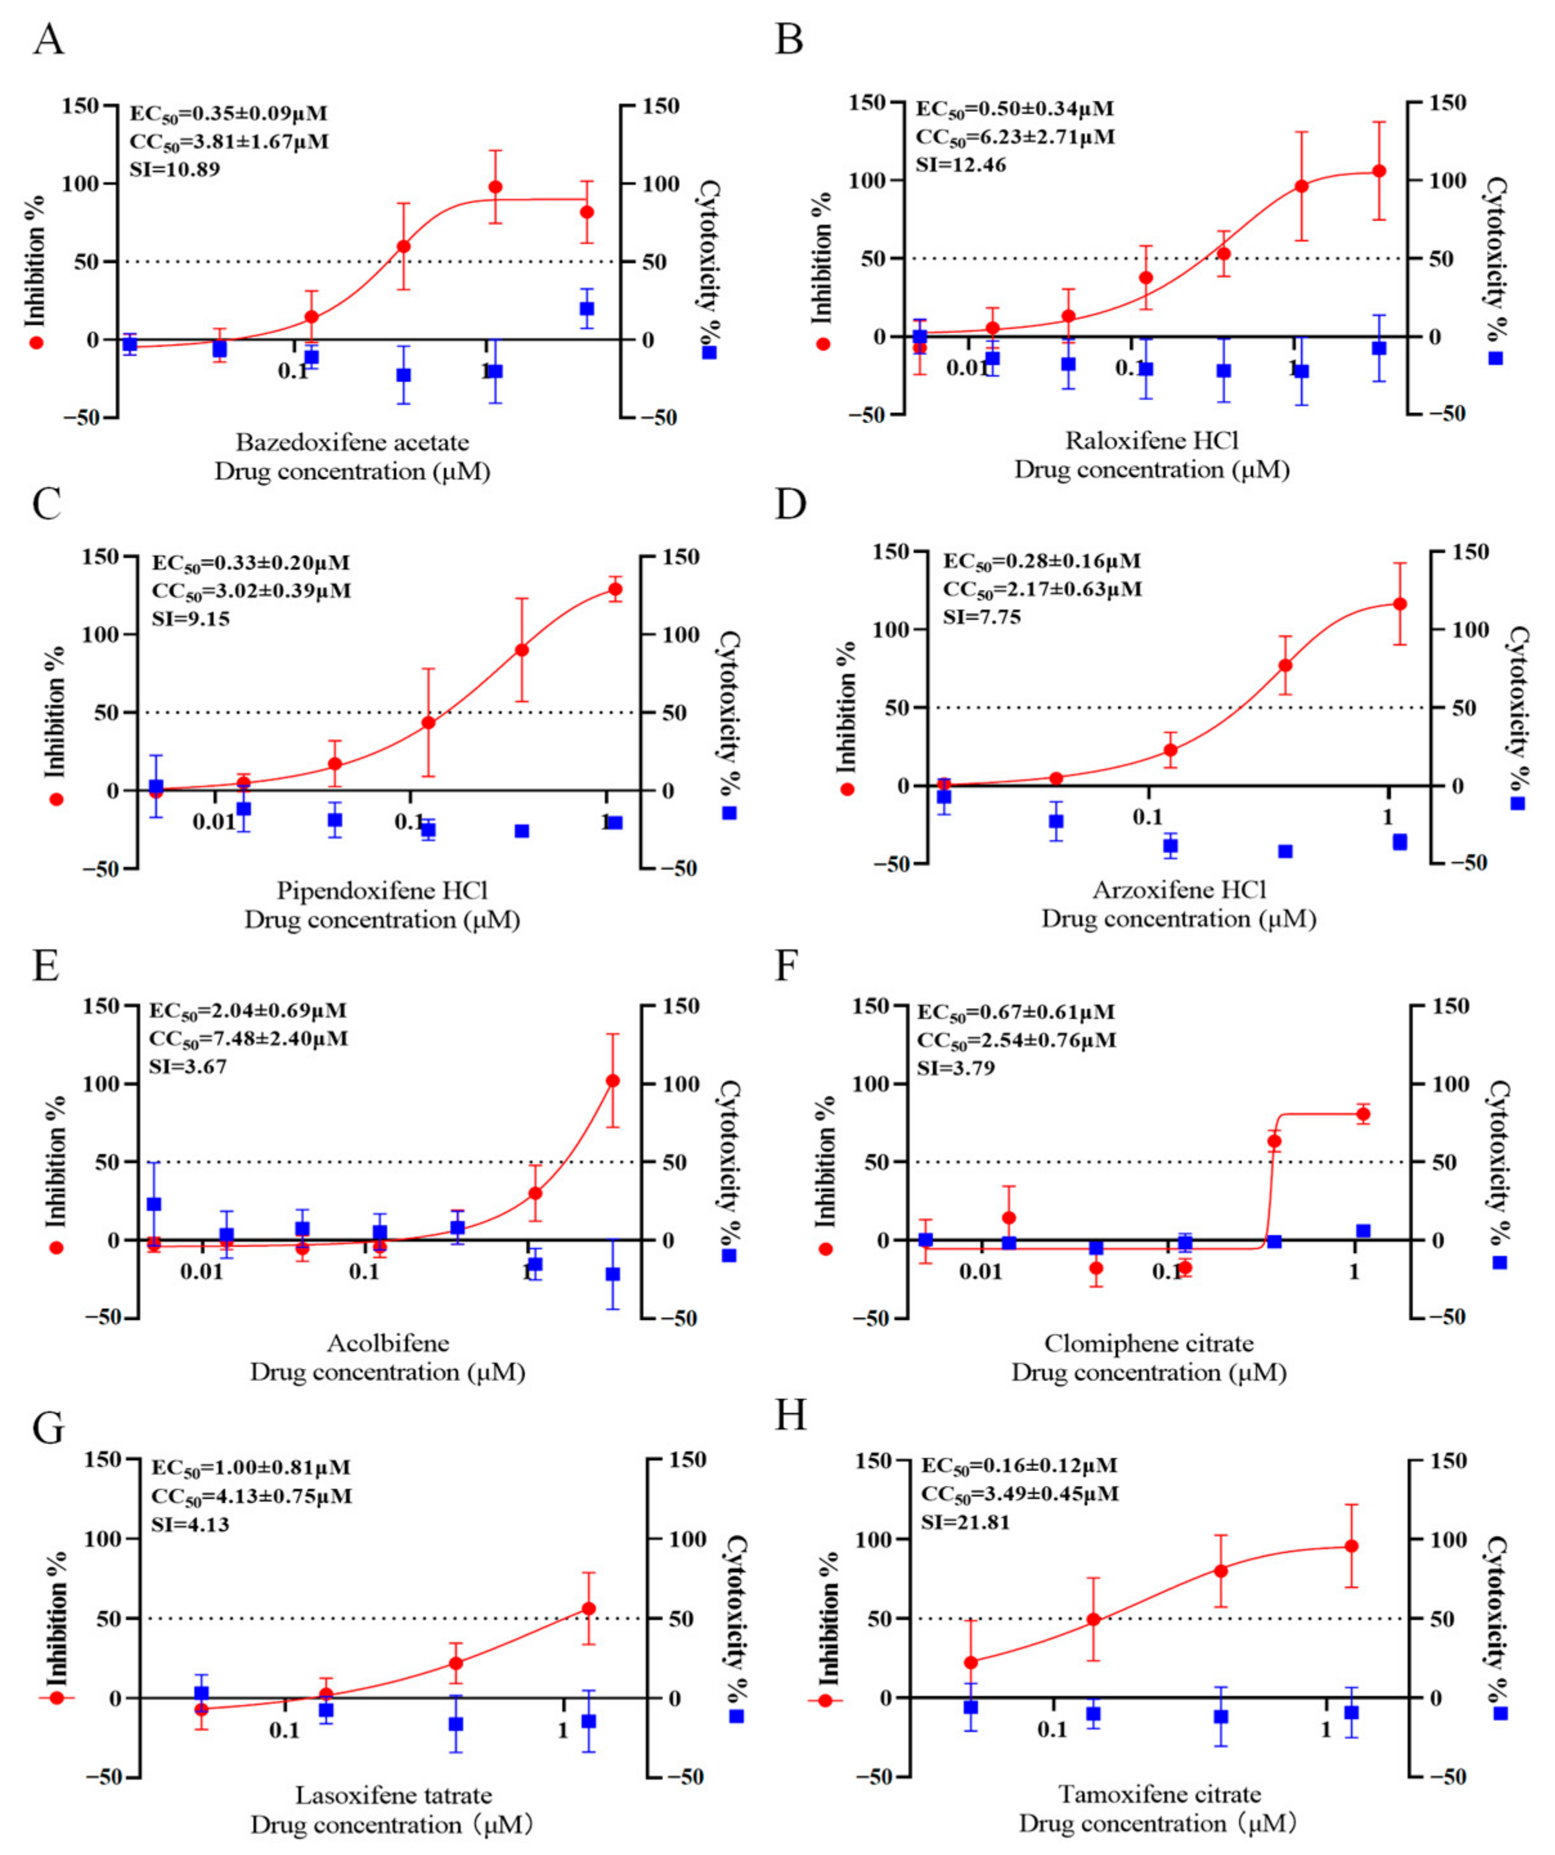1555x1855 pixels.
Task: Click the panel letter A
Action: (49, 40)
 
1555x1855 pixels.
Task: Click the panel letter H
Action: (791, 1415)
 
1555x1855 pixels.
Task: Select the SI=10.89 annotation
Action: (175, 169)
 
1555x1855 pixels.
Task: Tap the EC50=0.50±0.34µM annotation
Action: (1015, 109)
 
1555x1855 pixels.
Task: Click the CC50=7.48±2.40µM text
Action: (248, 1039)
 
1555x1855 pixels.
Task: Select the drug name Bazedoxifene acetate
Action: (353, 442)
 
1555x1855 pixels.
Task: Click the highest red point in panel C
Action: (615, 589)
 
